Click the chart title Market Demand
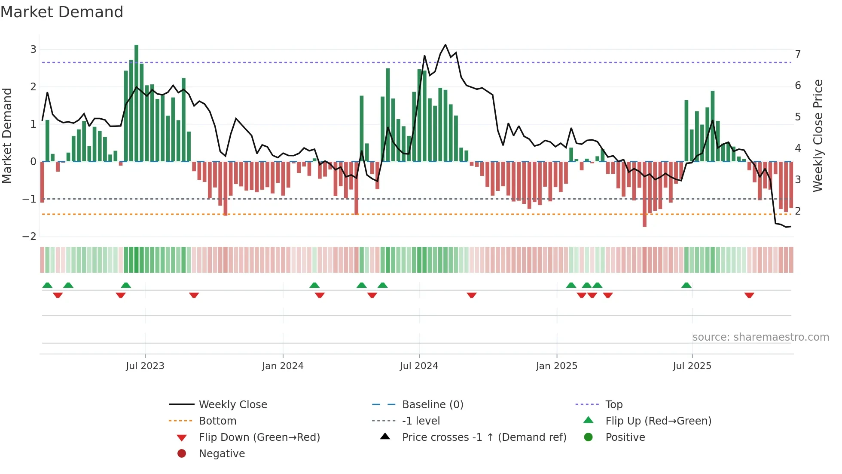pos(62,12)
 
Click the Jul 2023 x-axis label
pos(145,366)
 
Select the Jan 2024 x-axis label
pos(283,366)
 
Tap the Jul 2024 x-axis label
pos(419,366)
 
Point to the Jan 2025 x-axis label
pos(557,366)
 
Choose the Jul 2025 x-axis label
pos(692,366)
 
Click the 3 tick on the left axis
pos(33,49)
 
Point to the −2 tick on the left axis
pos(30,237)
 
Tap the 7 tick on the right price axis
pos(798,54)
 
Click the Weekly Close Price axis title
pos(818,135)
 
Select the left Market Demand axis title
pos(7,135)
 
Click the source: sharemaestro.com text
pos(760,337)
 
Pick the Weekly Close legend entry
pos(232,405)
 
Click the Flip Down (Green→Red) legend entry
pos(259,437)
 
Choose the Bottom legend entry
pos(217,421)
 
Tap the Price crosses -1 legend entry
pos(484,437)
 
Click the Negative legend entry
pos(222,454)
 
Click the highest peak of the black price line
pos(445,45)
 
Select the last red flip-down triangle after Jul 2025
pos(749,295)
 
